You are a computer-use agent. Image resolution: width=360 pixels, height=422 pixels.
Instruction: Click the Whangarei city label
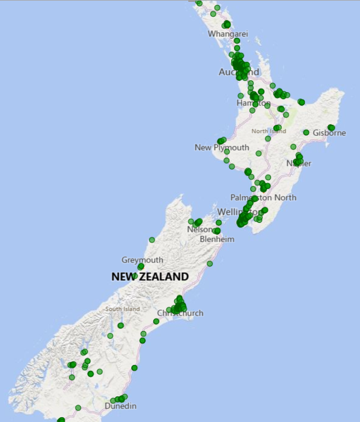pos(228,34)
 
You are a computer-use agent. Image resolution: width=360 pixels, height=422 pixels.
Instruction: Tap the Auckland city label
pos(239,72)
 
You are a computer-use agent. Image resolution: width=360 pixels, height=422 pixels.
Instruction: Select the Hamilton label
pos(254,103)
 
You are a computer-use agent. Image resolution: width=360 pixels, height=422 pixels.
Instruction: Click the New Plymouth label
pos(222,147)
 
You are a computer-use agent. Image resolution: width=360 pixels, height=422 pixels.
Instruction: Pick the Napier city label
pos(298,163)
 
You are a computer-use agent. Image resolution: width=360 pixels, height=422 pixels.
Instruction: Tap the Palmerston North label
pos(263,197)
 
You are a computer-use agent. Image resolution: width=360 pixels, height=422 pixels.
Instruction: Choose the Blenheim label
pos(217,239)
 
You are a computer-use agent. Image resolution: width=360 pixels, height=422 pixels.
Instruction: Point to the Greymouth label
pos(142,260)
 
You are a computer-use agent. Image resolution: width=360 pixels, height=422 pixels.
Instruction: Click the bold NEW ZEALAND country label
pos(150,276)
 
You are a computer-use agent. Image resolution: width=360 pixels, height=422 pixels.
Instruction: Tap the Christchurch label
pos(180,313)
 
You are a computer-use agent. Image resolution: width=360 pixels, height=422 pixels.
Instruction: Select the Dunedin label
pos(121,406)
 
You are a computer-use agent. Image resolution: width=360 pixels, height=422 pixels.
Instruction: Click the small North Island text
pos(268,131)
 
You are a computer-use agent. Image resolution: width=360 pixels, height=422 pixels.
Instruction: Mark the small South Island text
pos(122,309)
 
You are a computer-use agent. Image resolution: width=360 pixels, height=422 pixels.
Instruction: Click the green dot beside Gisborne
pos(331,128)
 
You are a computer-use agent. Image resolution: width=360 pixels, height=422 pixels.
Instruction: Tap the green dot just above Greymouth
pos(141,267)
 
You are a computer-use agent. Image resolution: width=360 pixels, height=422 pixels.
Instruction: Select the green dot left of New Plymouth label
pos(221,141)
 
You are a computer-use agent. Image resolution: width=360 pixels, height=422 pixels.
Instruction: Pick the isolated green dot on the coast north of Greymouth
pos(151,240)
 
